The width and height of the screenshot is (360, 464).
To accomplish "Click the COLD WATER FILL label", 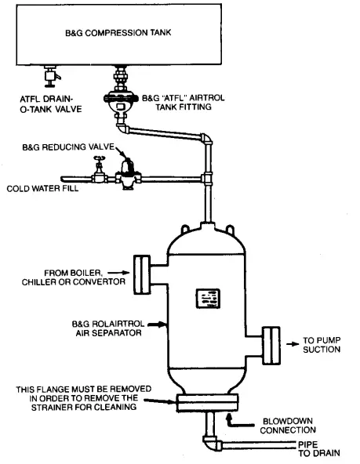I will coord(42,188).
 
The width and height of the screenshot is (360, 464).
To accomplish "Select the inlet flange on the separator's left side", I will coord(141,271).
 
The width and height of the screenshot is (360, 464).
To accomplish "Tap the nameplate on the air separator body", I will coord(209,300).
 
